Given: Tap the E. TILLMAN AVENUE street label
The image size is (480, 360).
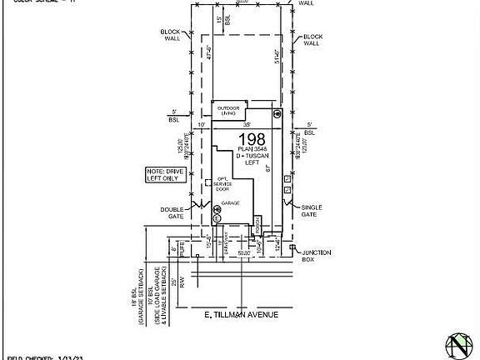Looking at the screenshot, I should click(x=241, y=315).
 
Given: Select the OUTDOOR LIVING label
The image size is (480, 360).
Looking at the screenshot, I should click(x=229, y=110).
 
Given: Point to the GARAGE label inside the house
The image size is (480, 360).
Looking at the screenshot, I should click(x=231, y=203).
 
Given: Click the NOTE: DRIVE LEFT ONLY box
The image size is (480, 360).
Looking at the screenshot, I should click(x=162, y=175).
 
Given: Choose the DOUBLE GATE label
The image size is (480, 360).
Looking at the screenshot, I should click(x=172, y=212).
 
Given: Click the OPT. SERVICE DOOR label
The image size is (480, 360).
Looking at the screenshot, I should click(x=223, y=184).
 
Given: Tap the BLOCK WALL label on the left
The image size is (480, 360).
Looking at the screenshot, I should click(x=172, y=35).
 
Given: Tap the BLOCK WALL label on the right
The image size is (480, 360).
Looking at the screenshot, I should click(x=312, y=39).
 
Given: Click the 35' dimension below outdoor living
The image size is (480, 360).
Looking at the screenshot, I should click(x=247, y=125).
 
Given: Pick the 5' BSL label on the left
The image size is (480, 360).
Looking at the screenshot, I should click(x=174, y=117).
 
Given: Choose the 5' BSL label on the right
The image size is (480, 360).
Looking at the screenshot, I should click(x=310, y=129).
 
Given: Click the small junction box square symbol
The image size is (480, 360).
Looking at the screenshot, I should click(x=290, y=246).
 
